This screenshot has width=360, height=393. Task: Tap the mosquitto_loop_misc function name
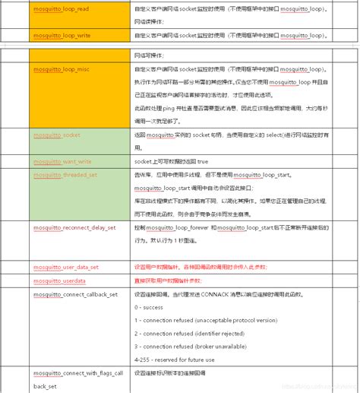click(62, 68)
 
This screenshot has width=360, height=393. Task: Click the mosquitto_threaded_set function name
click(65, 174)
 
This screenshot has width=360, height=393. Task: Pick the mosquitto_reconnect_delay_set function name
click(74, 227)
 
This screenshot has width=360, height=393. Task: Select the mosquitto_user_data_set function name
click(66, 267)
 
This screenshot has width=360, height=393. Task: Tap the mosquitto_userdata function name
click(58, 280)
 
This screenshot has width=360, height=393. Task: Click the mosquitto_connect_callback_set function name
click(75, 294)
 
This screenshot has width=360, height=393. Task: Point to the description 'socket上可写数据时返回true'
click(175, 162)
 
